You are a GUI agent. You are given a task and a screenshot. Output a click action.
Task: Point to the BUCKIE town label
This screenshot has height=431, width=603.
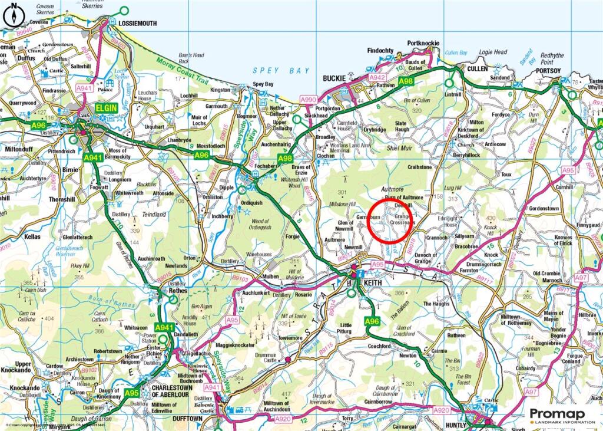point(334,78)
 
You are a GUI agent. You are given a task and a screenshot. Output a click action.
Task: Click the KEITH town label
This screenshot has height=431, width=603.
point(373,283)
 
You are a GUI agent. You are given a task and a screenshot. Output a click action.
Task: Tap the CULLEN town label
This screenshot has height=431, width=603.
point(478,68)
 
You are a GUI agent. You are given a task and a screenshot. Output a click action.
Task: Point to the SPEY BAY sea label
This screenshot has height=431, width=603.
point(281,71)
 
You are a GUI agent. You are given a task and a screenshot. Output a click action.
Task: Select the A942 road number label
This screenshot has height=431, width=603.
point(377,77)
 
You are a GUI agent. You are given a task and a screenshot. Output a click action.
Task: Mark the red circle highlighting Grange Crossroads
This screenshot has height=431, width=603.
point(390,221)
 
